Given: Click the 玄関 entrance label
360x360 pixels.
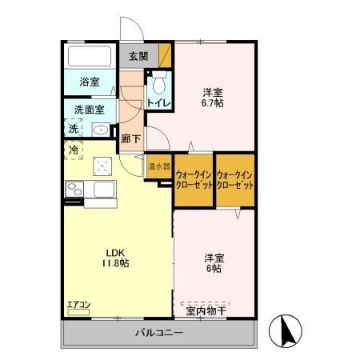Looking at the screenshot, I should (x=138, y=57).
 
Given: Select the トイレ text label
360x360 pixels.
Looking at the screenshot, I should (x=157, y=103).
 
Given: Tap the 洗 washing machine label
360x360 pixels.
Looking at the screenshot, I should (x=74, y=128).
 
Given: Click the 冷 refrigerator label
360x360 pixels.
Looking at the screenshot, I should (x=74, y=150).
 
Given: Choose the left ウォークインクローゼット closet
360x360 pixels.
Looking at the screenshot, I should (x=194, y=180).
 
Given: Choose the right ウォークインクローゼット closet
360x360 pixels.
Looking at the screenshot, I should (x=234, y=180).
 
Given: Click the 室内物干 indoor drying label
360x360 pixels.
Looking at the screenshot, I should (x=206, y=309).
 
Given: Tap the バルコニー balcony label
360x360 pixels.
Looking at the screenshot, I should (x=158, y=332).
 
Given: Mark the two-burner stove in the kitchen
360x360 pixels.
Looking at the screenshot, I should (x=74, y=189).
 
